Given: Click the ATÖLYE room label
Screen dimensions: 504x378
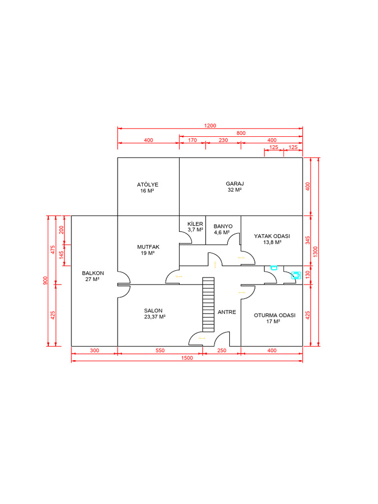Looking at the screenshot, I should point(148,185).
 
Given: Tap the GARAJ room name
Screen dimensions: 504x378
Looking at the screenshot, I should point(235,184).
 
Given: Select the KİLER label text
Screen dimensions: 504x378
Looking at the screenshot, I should point(195,224).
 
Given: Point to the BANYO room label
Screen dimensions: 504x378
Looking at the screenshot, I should point(223,226).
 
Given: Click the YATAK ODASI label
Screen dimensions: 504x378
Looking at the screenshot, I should point(272,236).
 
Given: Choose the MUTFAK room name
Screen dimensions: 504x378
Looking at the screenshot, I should point(148,247).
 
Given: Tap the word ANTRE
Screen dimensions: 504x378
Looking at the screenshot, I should point(227,312).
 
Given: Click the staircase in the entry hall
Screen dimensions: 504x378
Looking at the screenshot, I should point(209,305).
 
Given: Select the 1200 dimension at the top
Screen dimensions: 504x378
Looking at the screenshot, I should point(210,126).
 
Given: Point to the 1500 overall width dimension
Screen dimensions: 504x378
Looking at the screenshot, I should point(187,358).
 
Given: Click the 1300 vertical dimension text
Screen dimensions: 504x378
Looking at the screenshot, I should point(315,251).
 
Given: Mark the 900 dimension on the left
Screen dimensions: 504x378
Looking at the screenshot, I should point(45,281).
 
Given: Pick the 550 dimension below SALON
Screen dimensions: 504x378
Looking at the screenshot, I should point(160,350).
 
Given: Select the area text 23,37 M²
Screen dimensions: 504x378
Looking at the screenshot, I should point(155,317).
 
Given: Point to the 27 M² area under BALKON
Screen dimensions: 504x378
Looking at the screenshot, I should point(93,279).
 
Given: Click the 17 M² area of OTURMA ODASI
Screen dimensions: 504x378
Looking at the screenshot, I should point(274,321).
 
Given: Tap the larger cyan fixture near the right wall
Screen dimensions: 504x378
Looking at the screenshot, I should point(295,275).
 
